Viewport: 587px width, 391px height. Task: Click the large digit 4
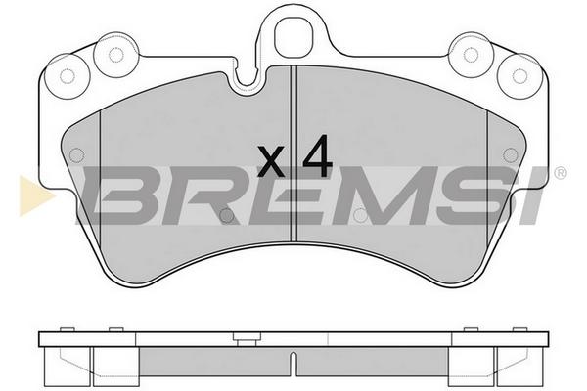coord(317,155)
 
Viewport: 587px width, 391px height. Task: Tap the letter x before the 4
coord(270,161)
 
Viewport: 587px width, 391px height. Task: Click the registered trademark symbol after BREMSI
coord(560,173)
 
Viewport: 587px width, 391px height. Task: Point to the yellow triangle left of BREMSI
coord(36,195)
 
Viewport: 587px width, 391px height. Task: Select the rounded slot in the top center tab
coord(293,37)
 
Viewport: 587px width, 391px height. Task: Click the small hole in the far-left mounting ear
coord(68,76)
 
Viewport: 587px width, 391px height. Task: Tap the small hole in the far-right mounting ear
coord(519,76)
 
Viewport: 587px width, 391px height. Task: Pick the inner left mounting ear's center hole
coord(116,55)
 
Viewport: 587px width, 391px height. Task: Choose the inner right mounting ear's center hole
coord(471,55)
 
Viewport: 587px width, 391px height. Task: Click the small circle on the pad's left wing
coord(76,154)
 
